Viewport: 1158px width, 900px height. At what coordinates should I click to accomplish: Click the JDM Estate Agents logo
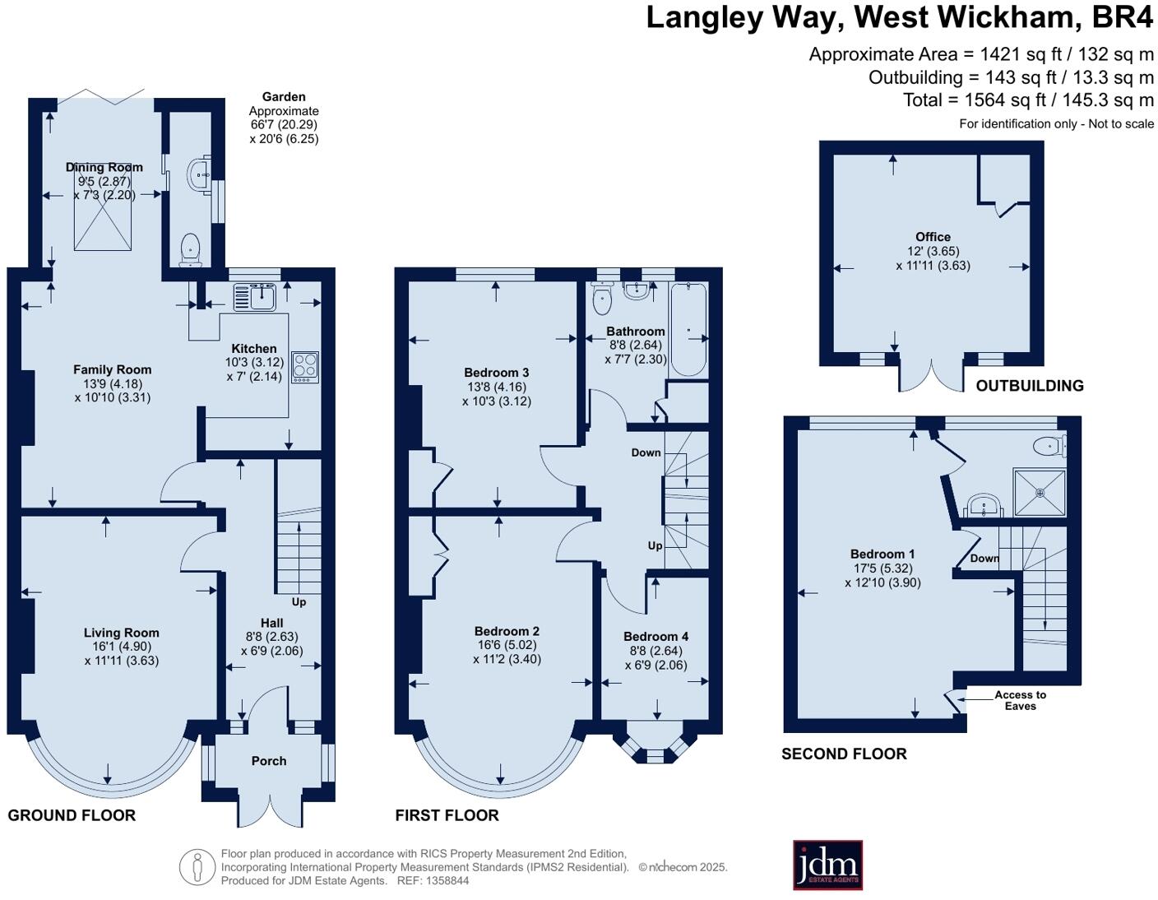(827, 865)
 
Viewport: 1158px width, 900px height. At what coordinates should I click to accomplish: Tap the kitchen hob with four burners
(305, 366)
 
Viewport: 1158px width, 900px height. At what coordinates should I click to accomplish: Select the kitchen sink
(253, 297)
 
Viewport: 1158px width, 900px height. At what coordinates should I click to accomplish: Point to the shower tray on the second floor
(1040, 493)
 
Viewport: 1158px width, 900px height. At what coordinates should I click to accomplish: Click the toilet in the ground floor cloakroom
(191, 249)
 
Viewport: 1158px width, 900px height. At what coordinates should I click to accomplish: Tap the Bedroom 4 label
(655, 636)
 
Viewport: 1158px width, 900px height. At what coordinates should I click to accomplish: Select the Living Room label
(121, 633)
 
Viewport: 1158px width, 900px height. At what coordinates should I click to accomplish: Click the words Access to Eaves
(1020, 700)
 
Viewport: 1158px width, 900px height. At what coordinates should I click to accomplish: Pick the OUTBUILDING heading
(1029, 385)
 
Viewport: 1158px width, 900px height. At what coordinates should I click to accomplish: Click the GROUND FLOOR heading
(72, 815)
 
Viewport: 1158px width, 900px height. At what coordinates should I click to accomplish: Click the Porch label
(269, 761)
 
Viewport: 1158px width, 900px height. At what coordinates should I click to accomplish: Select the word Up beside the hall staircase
(299, 601)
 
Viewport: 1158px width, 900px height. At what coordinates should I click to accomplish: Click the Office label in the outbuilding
(933, 236)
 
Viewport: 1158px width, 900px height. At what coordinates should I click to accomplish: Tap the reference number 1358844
(444, 880)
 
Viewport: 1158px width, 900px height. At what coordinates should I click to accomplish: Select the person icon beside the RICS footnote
(197, 866)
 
